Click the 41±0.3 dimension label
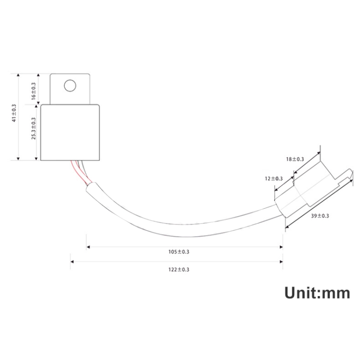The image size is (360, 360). click(14, 113)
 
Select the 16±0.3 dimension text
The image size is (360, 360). click(34, 91)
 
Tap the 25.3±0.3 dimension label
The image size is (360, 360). click(34, 128)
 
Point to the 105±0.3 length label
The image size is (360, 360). click(179, 252)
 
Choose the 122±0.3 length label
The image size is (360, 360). click(179, 269)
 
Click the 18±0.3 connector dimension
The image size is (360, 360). click(295, 159)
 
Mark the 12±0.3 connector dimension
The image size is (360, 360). click(274, 179)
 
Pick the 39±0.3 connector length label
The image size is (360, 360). click(320, 216)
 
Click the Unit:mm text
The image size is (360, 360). click(317, 293)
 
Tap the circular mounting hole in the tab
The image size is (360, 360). click(70, 85)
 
